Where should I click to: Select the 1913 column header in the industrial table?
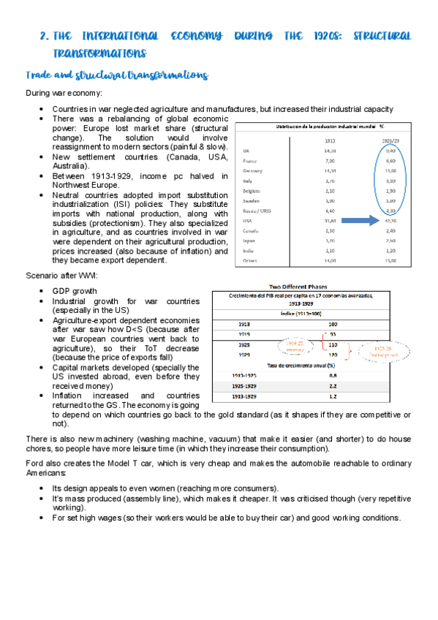pos(331,140)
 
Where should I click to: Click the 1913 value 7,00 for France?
pos(331,160)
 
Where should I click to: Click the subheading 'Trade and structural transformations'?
pos(117,75)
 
